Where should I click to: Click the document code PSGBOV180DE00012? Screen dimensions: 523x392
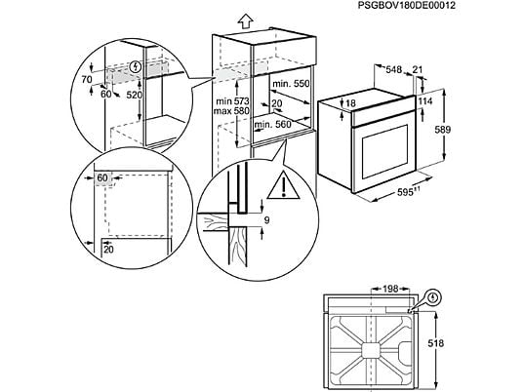pyautogui.click(x=407, y=6)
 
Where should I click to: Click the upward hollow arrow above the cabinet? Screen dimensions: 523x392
pyautogui.click(x=245, y=21)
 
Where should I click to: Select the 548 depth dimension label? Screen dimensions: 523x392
pyautogui.click(x=394, y=69)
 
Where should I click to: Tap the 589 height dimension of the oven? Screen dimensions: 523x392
pyautogui.click(x=443, y=130)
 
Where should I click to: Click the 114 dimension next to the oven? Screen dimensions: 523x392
pyautogui.click(x=425, y=101)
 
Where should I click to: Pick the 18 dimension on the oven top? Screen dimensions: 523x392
pyautogui.click(x=350, y=103)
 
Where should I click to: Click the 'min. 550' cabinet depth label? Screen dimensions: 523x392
pyautogui.click(x=291, y=83)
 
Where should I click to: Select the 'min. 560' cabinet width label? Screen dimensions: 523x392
pyautogui.click(x=272, y=125)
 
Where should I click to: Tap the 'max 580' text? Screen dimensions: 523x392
pyautogui.click(x=231, y=110)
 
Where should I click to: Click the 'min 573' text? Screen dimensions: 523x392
pyautogui.click(x=232, y=101)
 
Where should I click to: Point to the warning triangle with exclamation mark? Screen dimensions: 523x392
pyautogui.click(x=284, y=185)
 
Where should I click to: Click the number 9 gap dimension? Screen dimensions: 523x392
pyautogui.click(x=266, y=220)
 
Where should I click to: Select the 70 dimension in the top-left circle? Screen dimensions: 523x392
pyautogui.click(x=87, y=79)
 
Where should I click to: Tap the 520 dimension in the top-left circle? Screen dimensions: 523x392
pyautogui.click(x=134, y=95)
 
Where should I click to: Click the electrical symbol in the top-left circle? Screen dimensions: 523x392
pyautogui.click(x=136, y=66)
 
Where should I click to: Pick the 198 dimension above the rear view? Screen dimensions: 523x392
pyautogui.click(x=390, y=289)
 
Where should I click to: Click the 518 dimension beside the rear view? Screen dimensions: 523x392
pyautogui.click(x=435, y=343)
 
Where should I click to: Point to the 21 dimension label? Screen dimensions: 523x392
pyautogui.click(x=418, y=69)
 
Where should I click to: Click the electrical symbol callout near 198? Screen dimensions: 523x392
pyautogui.click(x=433, y=296)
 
